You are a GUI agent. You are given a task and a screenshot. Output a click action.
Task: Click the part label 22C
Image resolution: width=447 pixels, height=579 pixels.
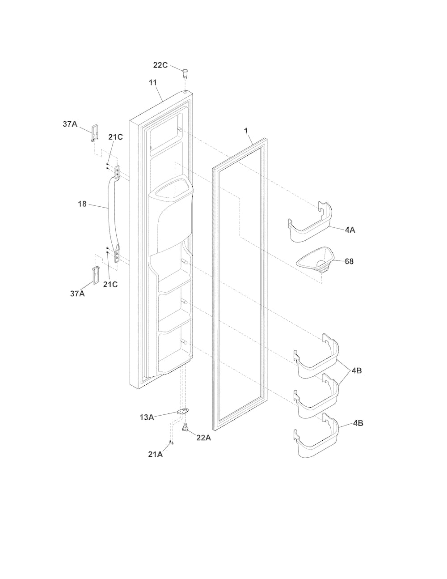[160, 65]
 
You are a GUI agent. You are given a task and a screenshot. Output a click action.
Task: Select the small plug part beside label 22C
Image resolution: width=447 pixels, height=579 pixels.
[185, 73]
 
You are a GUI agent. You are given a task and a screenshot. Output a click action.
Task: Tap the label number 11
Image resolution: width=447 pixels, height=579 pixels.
[153, 83]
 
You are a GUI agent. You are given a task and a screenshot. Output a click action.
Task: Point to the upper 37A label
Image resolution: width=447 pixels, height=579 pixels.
[70, 124]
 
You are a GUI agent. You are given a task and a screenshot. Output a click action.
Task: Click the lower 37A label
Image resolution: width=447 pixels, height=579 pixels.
[77, 294]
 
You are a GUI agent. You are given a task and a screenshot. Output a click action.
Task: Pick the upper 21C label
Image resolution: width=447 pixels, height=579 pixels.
[115, 137]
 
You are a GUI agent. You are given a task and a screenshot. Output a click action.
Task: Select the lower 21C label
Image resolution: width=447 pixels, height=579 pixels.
[110, 285]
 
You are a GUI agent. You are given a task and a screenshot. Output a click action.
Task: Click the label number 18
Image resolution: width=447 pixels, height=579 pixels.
[82, 204]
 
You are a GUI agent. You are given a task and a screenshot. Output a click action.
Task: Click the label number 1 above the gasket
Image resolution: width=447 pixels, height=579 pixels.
[246, 131]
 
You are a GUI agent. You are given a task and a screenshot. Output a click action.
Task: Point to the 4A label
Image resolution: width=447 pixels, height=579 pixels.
[350, 230]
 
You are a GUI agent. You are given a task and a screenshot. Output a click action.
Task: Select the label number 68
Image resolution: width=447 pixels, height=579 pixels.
[349, 261]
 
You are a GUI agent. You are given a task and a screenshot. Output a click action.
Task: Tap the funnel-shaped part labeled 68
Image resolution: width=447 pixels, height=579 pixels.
[315, 260]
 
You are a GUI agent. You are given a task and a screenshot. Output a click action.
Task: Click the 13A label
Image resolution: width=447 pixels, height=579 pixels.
[147, 417]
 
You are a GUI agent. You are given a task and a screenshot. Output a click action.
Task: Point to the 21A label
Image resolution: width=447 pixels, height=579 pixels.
[156, 454]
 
